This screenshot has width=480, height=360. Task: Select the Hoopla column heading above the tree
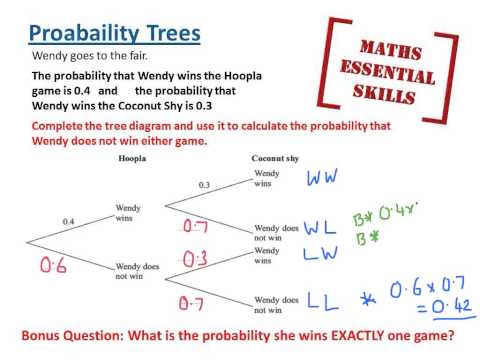pyautogui.click(x=132, y=159)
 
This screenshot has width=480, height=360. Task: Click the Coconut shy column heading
pyautogui.click(x=271, y=159)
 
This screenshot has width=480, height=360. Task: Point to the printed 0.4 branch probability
pyautogui.click(x=69, y=220)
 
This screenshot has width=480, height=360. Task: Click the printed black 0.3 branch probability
pyautogui.click(x=205, y=185)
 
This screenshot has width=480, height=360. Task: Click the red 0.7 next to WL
pyautogui.click(x=196, y=226)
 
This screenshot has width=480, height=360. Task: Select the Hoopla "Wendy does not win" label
pyautogui.click(x=138, y=271)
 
